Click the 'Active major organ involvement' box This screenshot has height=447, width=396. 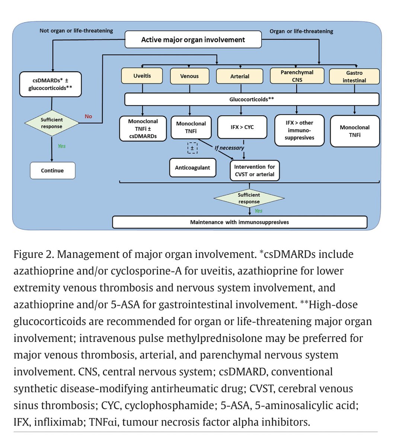click(193, 39)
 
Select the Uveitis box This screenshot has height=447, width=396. click(142, 76)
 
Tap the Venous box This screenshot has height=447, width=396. click(189, 76)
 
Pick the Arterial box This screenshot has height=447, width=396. click(240, 76)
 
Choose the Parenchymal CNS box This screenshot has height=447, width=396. click(297, 76)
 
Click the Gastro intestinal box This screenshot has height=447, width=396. click(354, 77)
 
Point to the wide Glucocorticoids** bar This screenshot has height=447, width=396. click(252, 99)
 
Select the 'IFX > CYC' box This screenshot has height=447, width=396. click(242, 127)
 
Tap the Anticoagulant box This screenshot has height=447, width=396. click(193, 168)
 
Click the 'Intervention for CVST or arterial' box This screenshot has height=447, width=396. click(255, 171)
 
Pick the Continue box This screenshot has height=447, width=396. click(52, 171)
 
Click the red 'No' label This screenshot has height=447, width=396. click(89, 116)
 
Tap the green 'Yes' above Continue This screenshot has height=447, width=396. click(61, 146)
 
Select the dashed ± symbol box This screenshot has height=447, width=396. click(192, 148)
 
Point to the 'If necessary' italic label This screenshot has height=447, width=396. click(229, 148)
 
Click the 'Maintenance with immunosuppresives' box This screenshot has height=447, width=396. click(240, 222)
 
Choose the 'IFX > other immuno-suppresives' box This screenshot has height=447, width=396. click(300, 130)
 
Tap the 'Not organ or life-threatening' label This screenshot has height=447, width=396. click(76, 31)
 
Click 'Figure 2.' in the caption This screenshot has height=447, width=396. click(34, 254)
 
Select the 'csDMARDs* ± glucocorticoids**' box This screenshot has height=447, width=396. click(50, 84)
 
